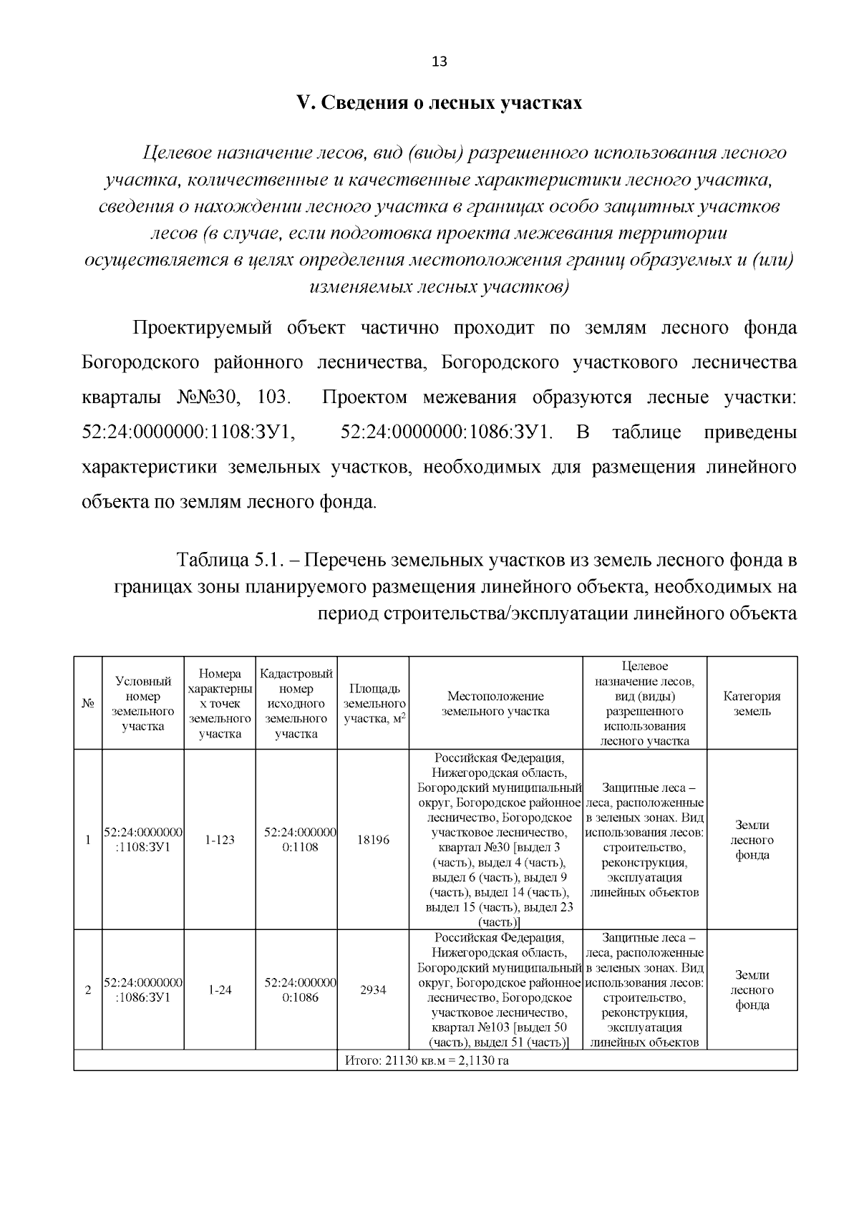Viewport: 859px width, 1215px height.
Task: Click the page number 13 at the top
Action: click(x=439, y=62)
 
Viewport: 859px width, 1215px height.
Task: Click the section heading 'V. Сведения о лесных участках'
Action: click(x=439, y=103)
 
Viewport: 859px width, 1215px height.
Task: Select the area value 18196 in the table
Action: click(x=373, y=840)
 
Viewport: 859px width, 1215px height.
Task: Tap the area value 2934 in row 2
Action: click(x=373, y=990)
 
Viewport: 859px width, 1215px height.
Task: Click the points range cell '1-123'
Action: click(x=220, y=840)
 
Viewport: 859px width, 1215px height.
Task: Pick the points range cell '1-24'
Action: click(x=220, y=990)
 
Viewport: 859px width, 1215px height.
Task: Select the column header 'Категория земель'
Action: click(x=752, y=704)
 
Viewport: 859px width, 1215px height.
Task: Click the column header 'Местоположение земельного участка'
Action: click(x=495, y=704)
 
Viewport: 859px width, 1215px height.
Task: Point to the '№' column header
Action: click(x=88, y=704)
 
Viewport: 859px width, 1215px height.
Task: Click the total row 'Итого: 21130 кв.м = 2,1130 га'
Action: click(x=427, y=1060)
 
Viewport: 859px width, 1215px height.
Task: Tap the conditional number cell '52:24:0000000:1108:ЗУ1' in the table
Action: click(x=143, y=840)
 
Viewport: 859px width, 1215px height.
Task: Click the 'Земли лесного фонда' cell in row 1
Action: click(x=752, y=840)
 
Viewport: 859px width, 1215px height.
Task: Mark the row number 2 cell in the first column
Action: click(x=88, y=990)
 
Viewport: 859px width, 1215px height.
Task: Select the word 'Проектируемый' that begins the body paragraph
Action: click(x=203, y=329)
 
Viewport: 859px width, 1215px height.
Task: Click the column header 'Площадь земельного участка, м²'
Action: click(x=373, y=704)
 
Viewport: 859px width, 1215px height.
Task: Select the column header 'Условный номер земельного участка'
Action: click(x=143, y=704)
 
